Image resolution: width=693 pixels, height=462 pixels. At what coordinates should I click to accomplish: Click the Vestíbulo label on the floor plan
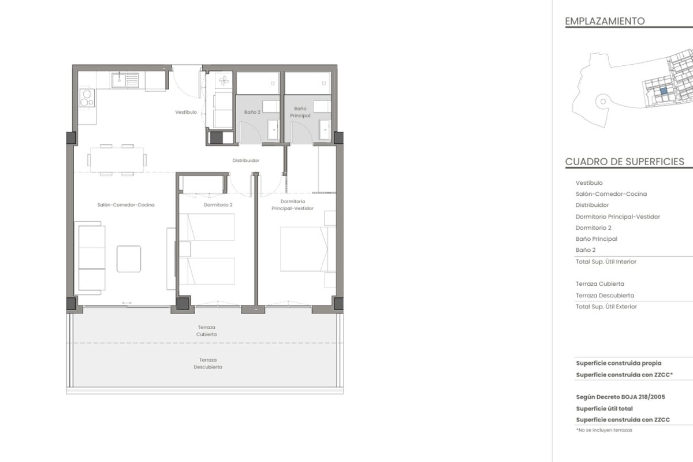186,112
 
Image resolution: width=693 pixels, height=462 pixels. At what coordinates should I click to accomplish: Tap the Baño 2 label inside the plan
252,112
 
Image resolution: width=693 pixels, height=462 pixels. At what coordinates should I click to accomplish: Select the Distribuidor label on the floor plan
245,161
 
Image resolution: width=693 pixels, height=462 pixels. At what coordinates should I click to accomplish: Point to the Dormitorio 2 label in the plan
218,205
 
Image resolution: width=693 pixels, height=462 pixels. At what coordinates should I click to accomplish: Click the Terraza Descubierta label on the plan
208,363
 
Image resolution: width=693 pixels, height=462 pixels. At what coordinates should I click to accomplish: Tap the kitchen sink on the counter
119,80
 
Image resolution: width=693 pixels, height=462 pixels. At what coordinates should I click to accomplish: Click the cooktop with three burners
87,98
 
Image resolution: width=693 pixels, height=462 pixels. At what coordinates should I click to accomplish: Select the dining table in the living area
117,160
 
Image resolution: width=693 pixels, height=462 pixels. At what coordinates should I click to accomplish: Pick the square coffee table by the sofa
129,259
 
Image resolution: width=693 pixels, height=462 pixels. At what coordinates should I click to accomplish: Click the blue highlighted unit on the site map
664,91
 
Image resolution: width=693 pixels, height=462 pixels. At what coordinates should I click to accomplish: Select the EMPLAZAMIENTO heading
605,21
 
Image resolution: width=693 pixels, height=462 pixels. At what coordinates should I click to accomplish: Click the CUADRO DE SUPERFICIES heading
625,162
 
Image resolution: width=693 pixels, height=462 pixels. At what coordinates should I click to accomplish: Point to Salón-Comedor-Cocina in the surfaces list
611,194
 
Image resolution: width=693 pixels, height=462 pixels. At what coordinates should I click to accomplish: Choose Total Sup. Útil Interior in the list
606,262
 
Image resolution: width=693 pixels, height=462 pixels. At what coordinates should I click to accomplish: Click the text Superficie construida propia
619,363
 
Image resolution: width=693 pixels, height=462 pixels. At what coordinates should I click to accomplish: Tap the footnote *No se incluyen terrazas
604,430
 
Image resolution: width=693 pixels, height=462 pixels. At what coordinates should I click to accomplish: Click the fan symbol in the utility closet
223,81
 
